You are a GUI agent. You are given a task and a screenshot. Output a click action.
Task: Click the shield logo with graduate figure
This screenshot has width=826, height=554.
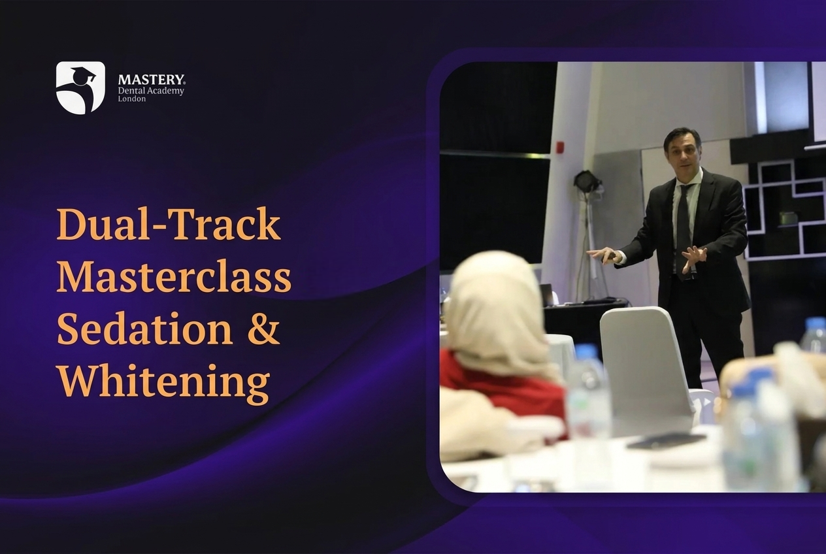[x=80, y=88]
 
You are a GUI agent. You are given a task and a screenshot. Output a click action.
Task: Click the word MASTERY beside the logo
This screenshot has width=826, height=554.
[x=152, y=80]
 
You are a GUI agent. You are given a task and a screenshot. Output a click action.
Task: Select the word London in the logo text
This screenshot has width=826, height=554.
[x=131, y=99]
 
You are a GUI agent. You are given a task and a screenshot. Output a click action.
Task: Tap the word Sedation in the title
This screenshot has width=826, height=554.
[x=145, y=328]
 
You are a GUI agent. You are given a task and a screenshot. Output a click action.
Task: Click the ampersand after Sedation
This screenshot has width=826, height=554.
[x=263, y=328]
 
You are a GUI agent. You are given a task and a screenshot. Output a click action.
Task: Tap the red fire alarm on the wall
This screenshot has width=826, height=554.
[x=561, y=147]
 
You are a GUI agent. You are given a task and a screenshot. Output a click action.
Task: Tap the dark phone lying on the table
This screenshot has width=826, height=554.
[x=666, y=440]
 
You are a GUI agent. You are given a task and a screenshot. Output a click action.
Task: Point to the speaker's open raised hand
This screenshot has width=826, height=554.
[x=693, y=259]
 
